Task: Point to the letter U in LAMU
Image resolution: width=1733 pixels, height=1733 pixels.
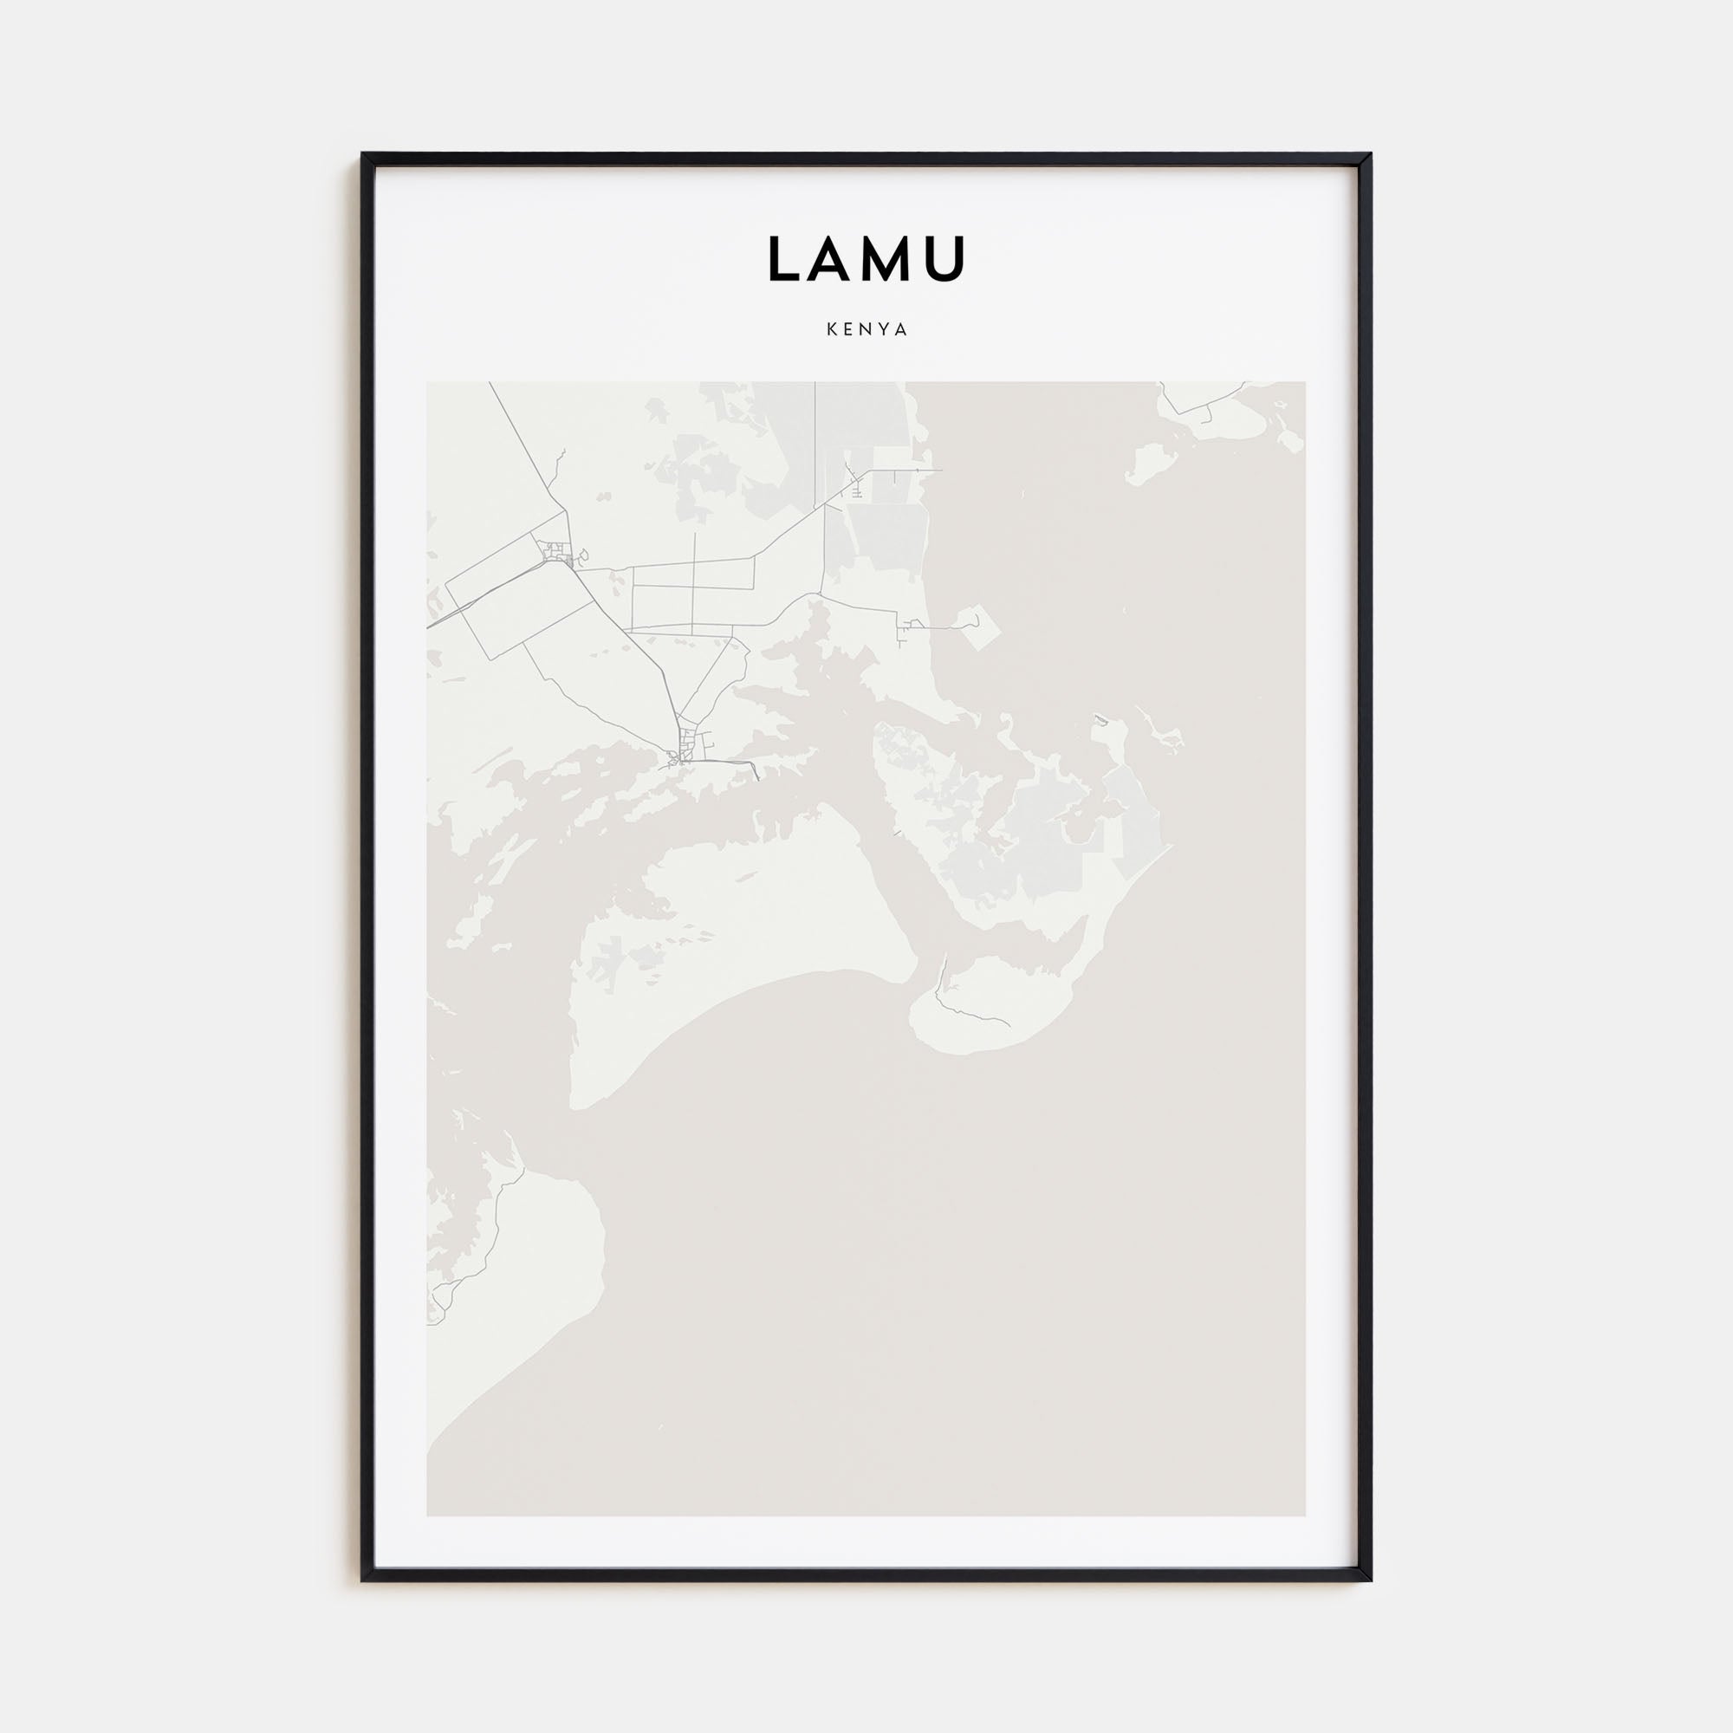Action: coord(944,259)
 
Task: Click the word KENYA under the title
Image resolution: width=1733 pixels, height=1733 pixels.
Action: coord(866,329)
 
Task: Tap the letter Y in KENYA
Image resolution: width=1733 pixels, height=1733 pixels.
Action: coord(885,329)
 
